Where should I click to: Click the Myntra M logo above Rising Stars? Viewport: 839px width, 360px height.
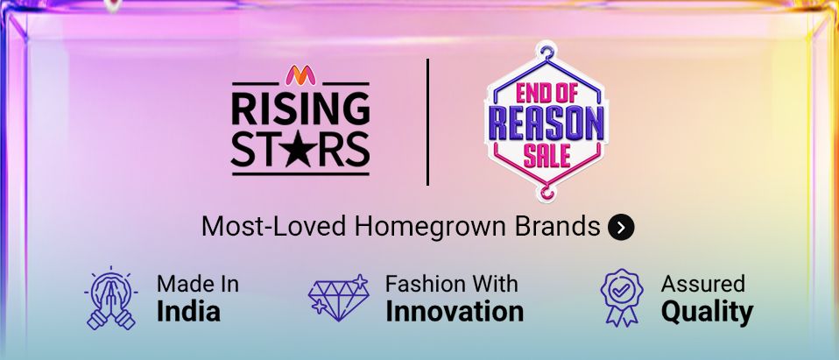click(300, 75)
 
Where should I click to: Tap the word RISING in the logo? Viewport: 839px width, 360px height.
click(300, 109)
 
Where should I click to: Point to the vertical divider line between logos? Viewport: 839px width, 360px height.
click(427, 122)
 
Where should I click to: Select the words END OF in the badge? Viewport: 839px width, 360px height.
click(546, 93)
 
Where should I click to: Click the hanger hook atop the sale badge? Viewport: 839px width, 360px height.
click(546, 52)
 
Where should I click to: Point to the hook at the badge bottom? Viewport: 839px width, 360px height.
click(546, 192)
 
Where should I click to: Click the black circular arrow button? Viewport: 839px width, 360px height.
click(621, 228)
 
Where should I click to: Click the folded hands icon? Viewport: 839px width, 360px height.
click(110, 298)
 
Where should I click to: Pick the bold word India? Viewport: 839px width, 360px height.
click(188, 312)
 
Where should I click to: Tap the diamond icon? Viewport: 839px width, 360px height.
click(338, 298)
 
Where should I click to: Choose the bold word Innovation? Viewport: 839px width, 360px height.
click(455, 312)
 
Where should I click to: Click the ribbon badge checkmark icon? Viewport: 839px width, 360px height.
click(621, 297)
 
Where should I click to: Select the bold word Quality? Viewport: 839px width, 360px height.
click(707, 313)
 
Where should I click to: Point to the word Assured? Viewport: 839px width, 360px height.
click(702, 284)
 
